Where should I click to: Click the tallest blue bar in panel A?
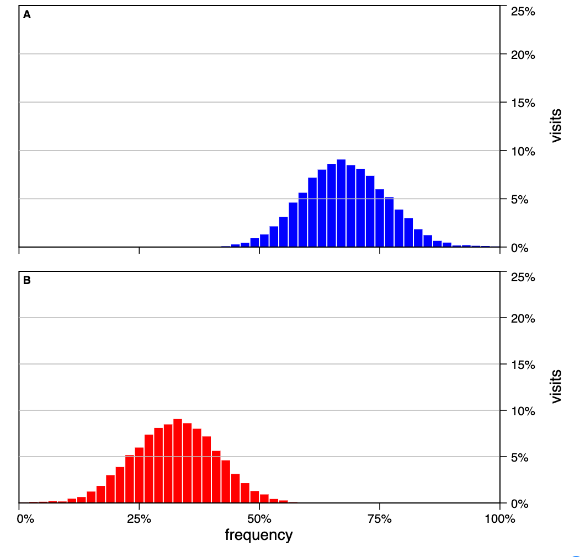click(341, 204)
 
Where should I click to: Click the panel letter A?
click(26, 15)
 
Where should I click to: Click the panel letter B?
click(26, 280)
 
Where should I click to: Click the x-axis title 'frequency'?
click(259, 534)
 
